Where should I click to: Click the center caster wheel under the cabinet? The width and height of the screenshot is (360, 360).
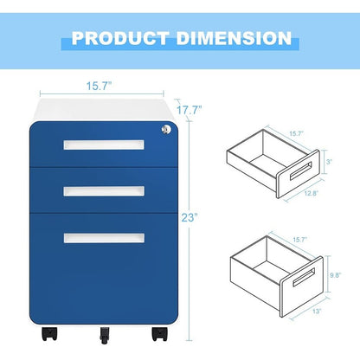[x=106, y=332]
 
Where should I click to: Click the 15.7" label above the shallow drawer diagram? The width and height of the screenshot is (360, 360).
[x=297, y=132]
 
